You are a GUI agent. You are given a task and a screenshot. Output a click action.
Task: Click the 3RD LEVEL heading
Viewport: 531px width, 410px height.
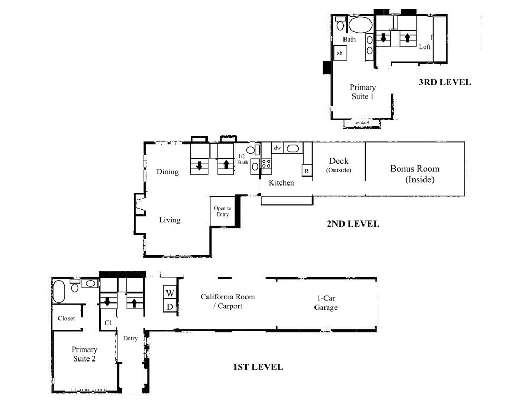[445, 82]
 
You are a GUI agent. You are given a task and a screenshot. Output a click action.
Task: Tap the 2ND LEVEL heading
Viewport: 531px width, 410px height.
[353, 224]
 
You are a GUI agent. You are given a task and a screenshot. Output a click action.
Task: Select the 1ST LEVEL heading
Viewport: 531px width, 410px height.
[258, 367]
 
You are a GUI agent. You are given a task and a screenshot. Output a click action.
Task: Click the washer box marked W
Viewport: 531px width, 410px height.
[170, 293]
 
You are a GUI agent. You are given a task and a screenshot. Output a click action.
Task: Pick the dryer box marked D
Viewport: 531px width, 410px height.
[170, 307]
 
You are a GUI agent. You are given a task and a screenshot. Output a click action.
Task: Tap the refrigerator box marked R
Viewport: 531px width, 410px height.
[307, 171]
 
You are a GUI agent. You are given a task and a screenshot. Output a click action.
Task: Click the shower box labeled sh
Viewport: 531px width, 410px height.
[340, 53]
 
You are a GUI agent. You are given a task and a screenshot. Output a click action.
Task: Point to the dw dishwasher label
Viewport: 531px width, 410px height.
[278, 148]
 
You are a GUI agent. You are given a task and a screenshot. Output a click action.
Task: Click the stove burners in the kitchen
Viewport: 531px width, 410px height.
[266, 164]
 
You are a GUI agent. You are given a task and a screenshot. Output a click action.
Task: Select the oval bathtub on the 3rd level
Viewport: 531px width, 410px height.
[361, 24]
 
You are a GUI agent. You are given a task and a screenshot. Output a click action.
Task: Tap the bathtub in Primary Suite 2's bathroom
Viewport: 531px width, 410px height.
[58, 291]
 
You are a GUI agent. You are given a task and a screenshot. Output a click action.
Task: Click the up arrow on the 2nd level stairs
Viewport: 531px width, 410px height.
[226, 164]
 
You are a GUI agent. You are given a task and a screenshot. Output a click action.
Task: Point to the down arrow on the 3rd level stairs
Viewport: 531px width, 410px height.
[383, 37]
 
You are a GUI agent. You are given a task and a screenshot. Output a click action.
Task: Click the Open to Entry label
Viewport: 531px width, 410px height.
[222, 211]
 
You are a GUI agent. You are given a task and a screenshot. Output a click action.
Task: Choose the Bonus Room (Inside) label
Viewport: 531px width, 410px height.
[415, 174]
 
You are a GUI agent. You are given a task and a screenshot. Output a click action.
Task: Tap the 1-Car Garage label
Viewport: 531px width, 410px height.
[326, 303]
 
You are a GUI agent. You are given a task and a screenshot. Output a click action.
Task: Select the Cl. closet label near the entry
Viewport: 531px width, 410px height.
[109, 323]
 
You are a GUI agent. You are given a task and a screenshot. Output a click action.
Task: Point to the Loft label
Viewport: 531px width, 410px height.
[425, 47]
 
